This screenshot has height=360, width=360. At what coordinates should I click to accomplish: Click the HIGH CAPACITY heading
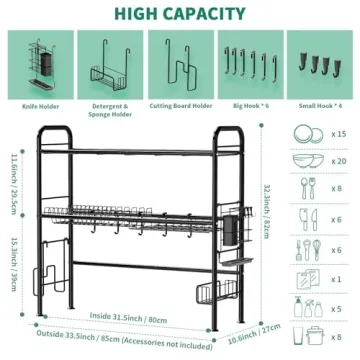tap(180, 13)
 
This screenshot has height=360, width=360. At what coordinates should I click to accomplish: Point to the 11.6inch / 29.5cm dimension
tap(11, 177)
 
